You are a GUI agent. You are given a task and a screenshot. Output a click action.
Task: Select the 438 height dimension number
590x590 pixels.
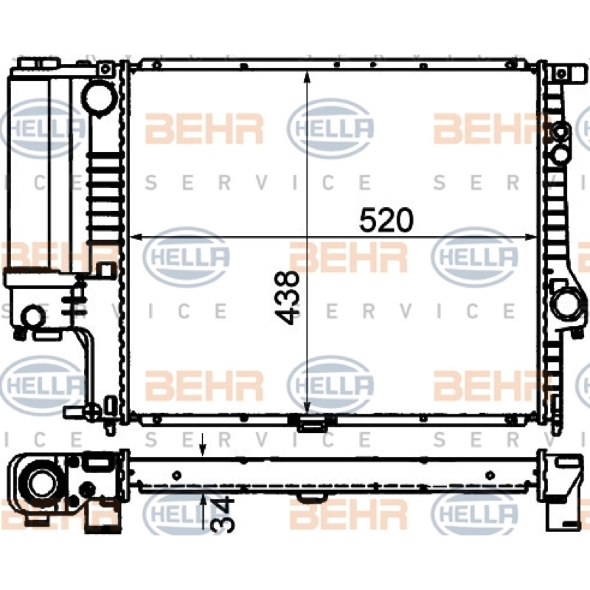click(x=288, y=297)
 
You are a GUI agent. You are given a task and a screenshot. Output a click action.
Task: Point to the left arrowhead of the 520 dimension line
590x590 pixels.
click(x=135, y=237)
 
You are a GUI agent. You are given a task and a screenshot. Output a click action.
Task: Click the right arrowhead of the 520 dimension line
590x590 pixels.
click(x=530, y=237)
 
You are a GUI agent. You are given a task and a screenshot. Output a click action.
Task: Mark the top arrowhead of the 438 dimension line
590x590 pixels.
click(x=308, y=77)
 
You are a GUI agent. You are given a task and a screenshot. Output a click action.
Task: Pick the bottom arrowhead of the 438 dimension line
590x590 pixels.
click(x=308, y=408)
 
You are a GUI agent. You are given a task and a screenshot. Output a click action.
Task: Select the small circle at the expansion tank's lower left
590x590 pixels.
click(x=33, y=316)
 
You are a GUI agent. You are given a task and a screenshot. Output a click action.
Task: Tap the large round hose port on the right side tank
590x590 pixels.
click(x=564, y=305)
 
